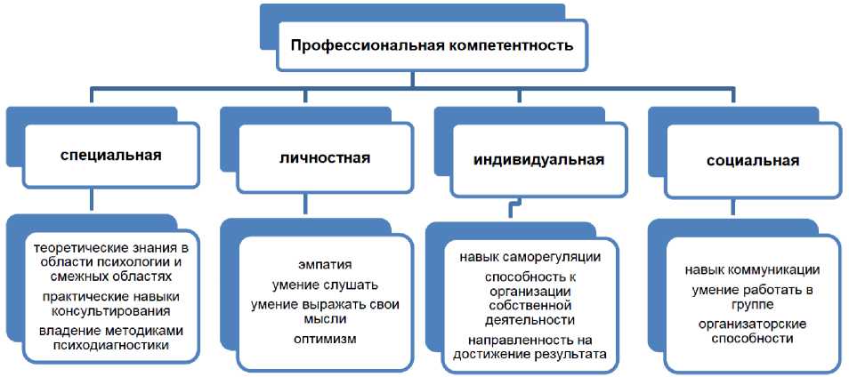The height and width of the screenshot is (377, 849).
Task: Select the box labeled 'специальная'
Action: point(111,155)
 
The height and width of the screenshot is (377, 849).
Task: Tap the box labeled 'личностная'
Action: point(325,157)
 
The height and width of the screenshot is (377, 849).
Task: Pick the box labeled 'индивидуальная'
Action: point(538,161)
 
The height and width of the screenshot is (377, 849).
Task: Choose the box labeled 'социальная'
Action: point(752,161)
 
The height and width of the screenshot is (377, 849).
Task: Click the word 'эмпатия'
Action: point(325,265)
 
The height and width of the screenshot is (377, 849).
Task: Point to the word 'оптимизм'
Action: point(325,339)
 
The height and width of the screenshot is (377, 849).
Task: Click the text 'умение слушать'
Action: point(325,285)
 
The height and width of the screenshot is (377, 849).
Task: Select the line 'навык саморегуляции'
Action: point(530,258)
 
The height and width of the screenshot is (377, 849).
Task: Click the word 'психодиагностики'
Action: point(111,346)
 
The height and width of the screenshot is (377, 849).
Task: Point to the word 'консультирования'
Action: point(111,311)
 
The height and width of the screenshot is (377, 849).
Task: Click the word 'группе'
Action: point(752,305)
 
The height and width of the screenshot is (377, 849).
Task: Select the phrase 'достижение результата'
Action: point(530,355)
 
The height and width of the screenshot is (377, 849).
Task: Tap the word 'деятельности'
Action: point(530,320)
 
